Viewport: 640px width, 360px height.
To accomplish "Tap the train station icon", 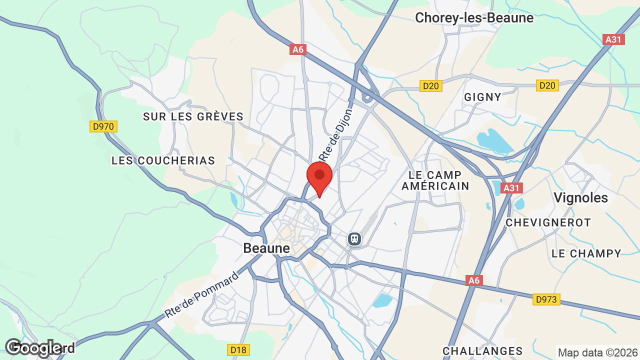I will [354, 239].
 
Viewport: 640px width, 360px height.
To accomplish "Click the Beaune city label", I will [266, 248].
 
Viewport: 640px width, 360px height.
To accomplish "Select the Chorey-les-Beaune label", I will [474, 18].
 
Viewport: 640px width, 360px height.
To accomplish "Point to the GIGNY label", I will [482, 97].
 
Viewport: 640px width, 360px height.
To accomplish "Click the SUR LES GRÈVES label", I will [193, 116].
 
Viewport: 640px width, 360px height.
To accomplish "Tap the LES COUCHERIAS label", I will [163, 160].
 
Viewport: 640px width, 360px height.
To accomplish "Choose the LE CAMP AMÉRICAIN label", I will [438, 180].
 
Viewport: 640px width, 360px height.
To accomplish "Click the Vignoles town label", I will [580, 197].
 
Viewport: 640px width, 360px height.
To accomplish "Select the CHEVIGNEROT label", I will [548, 222].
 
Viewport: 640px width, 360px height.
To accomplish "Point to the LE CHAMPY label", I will [586, 253].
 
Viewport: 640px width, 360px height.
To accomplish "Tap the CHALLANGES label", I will [482, 351].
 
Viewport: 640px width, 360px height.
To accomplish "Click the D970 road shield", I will [103, 126].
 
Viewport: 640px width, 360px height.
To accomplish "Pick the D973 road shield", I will [546, 299].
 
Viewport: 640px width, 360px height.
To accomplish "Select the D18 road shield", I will [238, 349].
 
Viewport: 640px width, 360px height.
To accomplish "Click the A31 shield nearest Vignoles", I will [511, 188].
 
